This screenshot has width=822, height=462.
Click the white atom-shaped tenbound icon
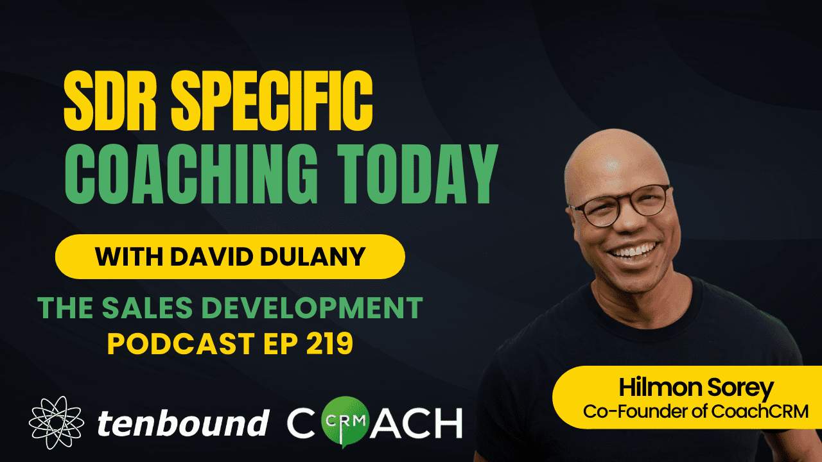(x=57, y=422)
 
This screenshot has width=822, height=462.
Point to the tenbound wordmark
(x=182, y=423)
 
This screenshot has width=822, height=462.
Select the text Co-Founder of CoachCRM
(x=695, y=411)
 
